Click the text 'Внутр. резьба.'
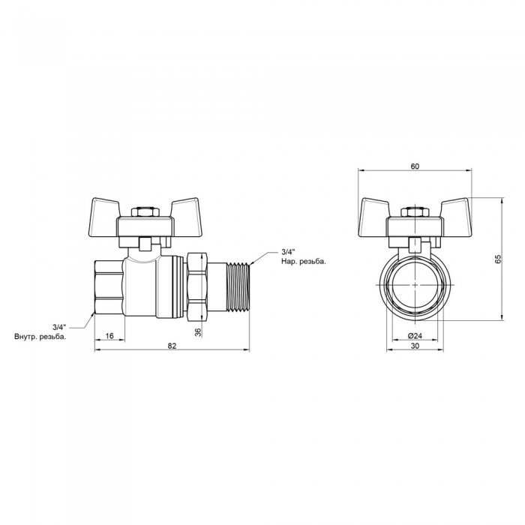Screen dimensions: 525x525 pyautogui.click(x=40, y=337)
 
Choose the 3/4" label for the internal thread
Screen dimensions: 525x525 pyautogui.click(x=60, y=327)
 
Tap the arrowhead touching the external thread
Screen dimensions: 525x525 pyautogui.click(x=253, y=263)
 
